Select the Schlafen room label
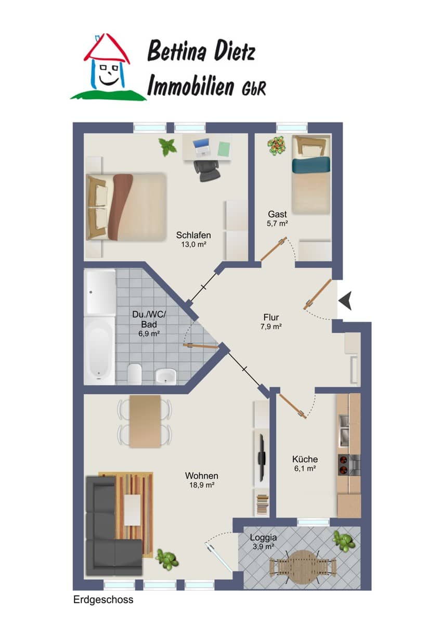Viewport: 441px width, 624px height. tap(193, 235)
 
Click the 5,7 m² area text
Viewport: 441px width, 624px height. tap(277, 224)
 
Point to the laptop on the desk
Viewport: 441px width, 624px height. tap(202, 147)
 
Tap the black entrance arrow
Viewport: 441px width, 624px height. tap(345, 301)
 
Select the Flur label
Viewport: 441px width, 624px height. tap(271, 317)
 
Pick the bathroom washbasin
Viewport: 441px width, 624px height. tap(165, 376)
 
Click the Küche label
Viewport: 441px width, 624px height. tap(305, 459)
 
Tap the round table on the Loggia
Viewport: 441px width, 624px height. tap(303, 567)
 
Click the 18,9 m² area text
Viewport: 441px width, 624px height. tap(202, 485)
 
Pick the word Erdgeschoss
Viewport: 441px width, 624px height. tap(103, 600)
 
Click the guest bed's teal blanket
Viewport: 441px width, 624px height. tap(311, 164)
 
